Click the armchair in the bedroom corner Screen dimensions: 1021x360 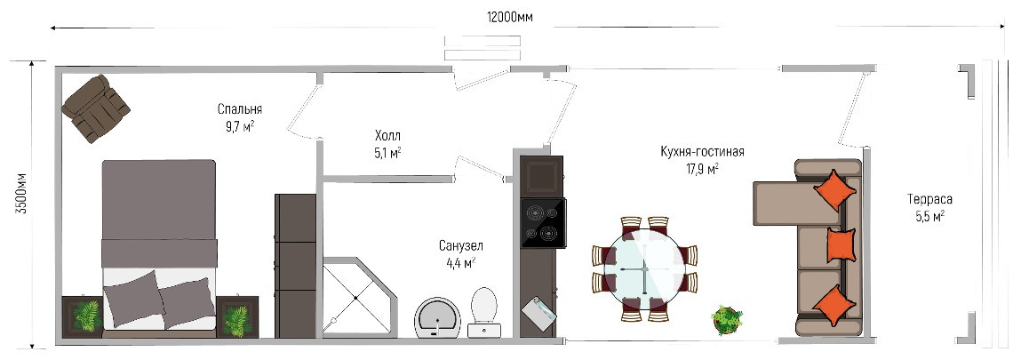pyautogui.click(x=96, y=108)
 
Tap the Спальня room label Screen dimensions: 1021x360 pyautogui.click(x=240, y=108)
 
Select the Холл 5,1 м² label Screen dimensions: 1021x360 pyautogui.click(x=387, y=145)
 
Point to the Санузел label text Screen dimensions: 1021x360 pyautogui.click(x=461, y=246)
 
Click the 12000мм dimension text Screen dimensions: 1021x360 pyautogui.click(x=509, y=17)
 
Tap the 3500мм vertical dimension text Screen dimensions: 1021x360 pyautogui.click(x=20, y=194)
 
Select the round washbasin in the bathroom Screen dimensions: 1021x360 pyautogui.click(x=437, y=317)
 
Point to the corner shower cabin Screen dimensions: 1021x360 pyautogui.click(x=359, y=297)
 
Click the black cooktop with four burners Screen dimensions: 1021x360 pyautogui.click(x=543, y=222)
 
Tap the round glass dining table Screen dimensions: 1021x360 pyautogui.click(x=644, y=268)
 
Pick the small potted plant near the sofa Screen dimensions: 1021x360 pyautogui.click(x=727, y=320)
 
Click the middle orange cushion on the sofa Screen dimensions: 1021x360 pyautogui.click(x=841, y=244)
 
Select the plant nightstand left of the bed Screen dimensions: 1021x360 pyautogui.click(x=83, y=316)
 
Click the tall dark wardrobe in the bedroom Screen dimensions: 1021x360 pyautogui.click(x=296, y=266)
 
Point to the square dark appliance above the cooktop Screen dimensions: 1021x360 pyautogui.click(x=541, y=176)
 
